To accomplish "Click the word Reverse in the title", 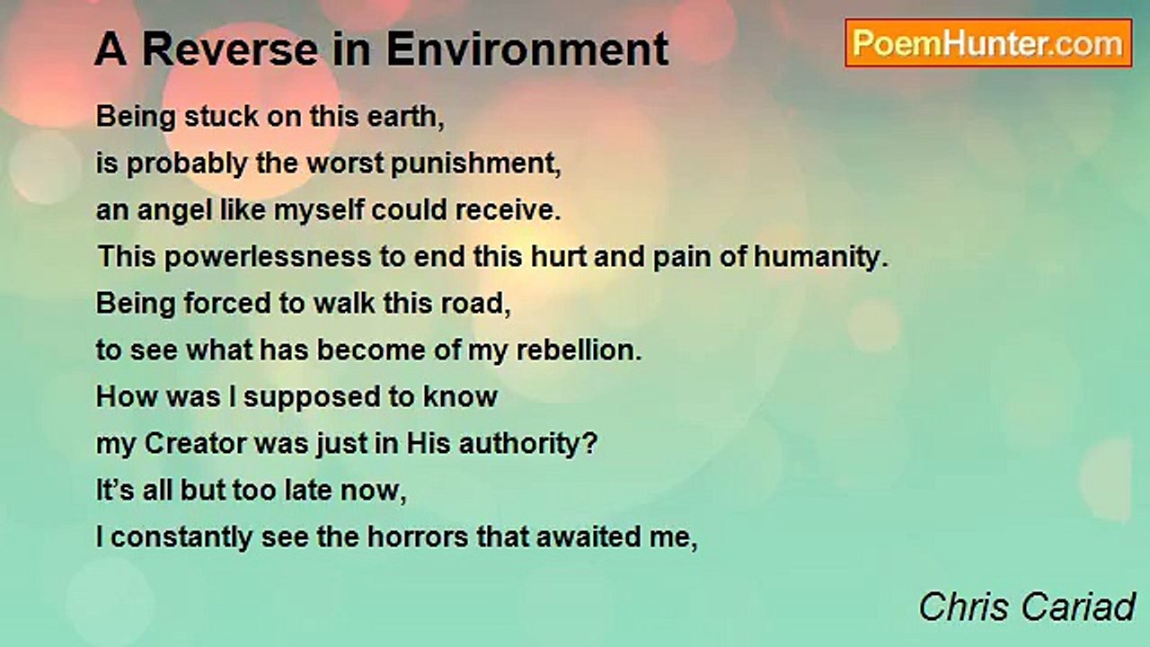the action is pos(230,49).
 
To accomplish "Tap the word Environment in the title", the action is pos(527,49).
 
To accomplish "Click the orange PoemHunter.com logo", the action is pos(988,43).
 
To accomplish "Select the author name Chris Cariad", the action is pos(1027,607).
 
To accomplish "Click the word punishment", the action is pos(476,164).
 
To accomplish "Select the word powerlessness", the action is pos(268,257).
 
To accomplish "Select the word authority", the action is pos(528,445).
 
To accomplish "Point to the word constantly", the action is pos(181,538).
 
